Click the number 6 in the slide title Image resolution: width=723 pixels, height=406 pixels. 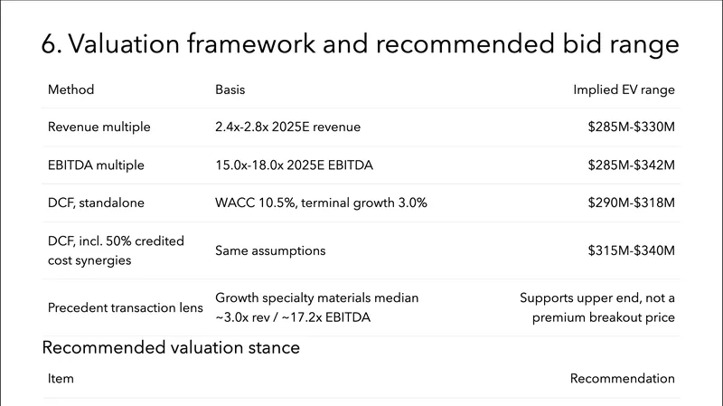click(x=49, y=46)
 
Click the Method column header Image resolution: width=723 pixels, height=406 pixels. click(x=70, y=90)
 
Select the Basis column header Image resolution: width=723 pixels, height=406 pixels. click(x=230, y=90)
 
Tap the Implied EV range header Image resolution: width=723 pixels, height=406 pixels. click(x=624, y=90)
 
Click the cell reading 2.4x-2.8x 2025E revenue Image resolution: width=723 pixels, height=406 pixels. click(x=287, y=127)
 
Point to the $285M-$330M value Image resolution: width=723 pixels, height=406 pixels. click(x=631, y=127)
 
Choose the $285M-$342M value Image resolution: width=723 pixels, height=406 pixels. click(x=631, y=165)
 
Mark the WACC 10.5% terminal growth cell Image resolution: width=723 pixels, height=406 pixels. click(x=321, y=203)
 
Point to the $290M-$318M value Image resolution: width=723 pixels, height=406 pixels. click(x=631, y=203)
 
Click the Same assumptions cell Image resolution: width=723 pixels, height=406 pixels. click(x=270, y=250)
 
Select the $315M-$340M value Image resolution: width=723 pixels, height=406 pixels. click(x=631, y=250)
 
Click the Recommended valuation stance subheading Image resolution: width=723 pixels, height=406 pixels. click(x=171, y=347)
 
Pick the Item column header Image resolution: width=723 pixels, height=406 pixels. click(x=61, y=378)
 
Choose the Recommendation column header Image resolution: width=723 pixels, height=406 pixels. click(x=622, y=378)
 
